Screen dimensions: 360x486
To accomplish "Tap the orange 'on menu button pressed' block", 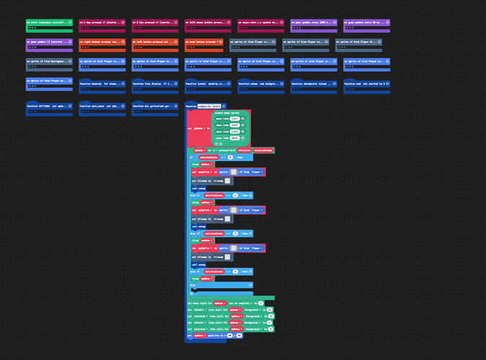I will (x=204, y=42).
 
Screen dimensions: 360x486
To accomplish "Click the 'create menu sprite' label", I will (x=227, y=114).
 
